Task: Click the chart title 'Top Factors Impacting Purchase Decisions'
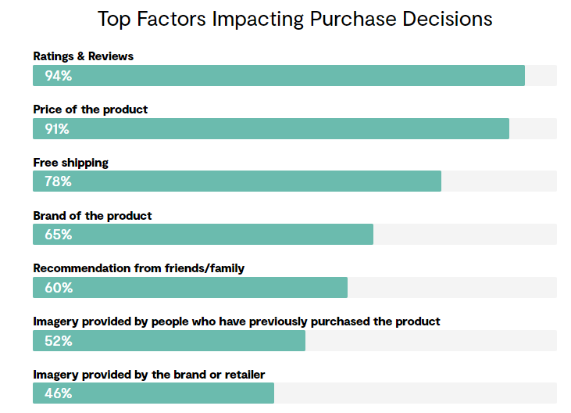tap(295, 19)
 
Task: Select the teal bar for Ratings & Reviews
tap(279, 75)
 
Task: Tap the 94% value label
tap(59, 76)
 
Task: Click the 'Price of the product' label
tap(91, 110)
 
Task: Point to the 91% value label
tap(57, 129)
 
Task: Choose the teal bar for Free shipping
tap(237, 181)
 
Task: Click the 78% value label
tap(58, 181)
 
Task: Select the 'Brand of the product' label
tap(92, 216)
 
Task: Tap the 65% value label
tap(59, 235)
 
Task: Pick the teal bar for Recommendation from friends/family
tap(190, 288)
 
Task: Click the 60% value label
tap(59, 288)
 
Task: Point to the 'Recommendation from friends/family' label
tap(139, 268)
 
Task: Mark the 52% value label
tap(59, 341)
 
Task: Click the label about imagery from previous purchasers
tap(237, 321)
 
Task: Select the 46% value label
tap(59, 393)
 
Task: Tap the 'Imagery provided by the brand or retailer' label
tap(149, 375)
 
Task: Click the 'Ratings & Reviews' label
tap(84, 56)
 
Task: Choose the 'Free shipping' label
tap(70, 163)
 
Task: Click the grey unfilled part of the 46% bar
tap(416, 393)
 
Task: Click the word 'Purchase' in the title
tap(353, 19)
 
